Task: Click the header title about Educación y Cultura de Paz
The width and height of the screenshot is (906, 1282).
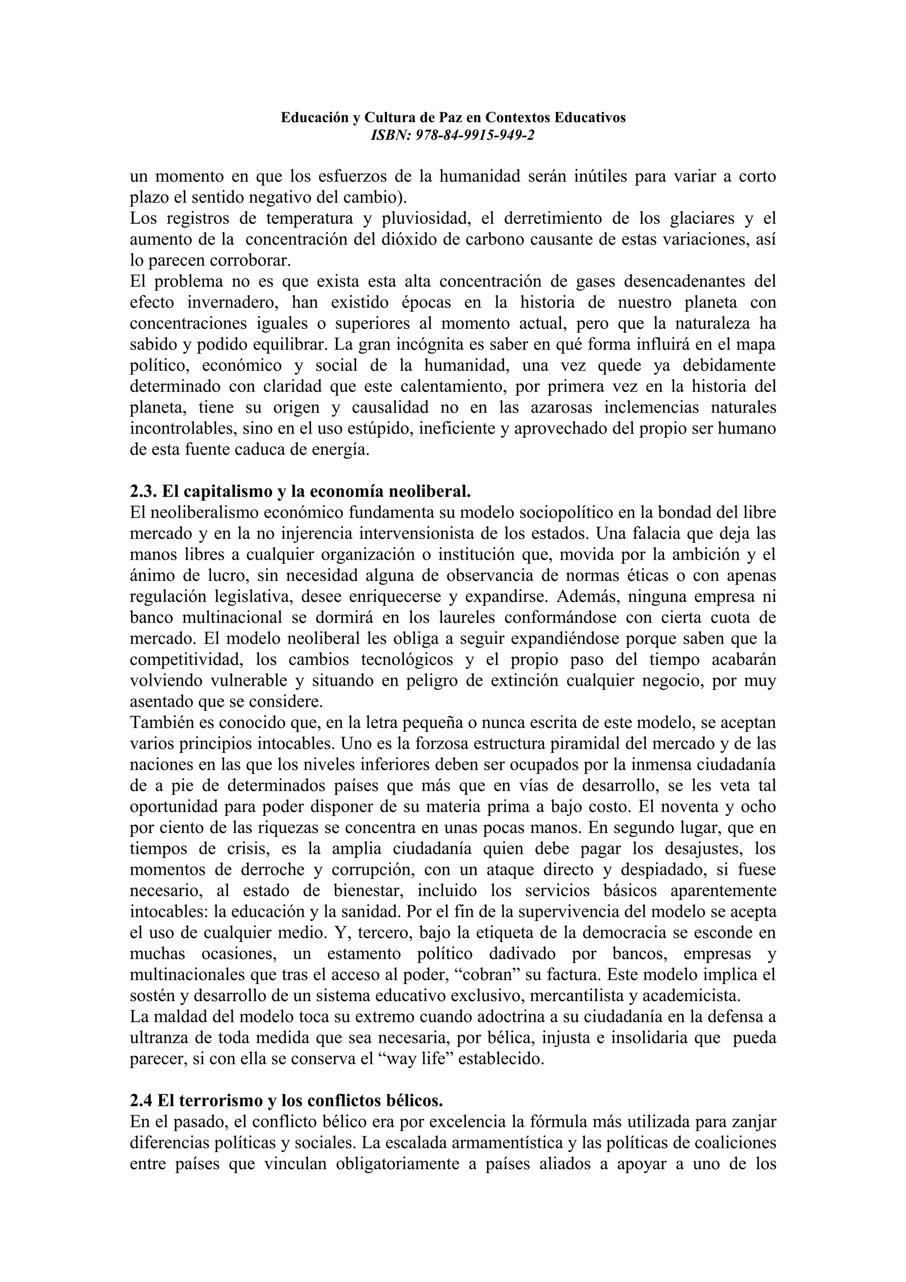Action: click(x=453, y=117)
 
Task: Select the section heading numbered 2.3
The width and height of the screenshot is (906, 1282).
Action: click(x=300, y=491)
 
